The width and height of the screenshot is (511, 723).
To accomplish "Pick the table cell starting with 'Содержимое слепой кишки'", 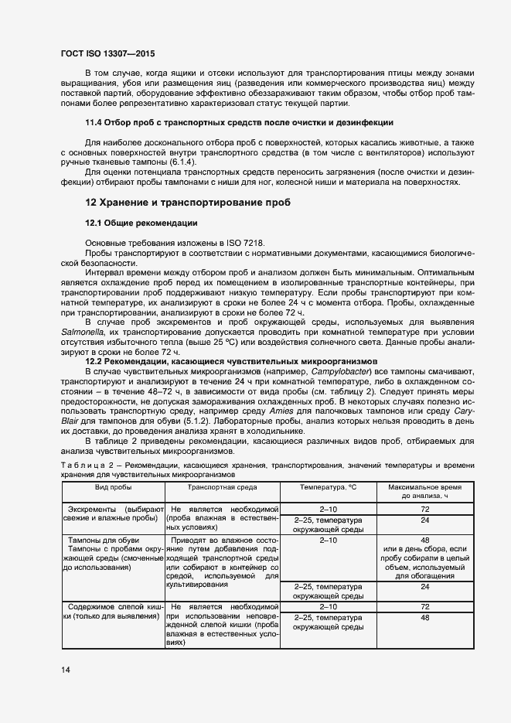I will coord(113,612).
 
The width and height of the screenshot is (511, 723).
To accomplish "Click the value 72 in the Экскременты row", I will coord(424,510).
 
